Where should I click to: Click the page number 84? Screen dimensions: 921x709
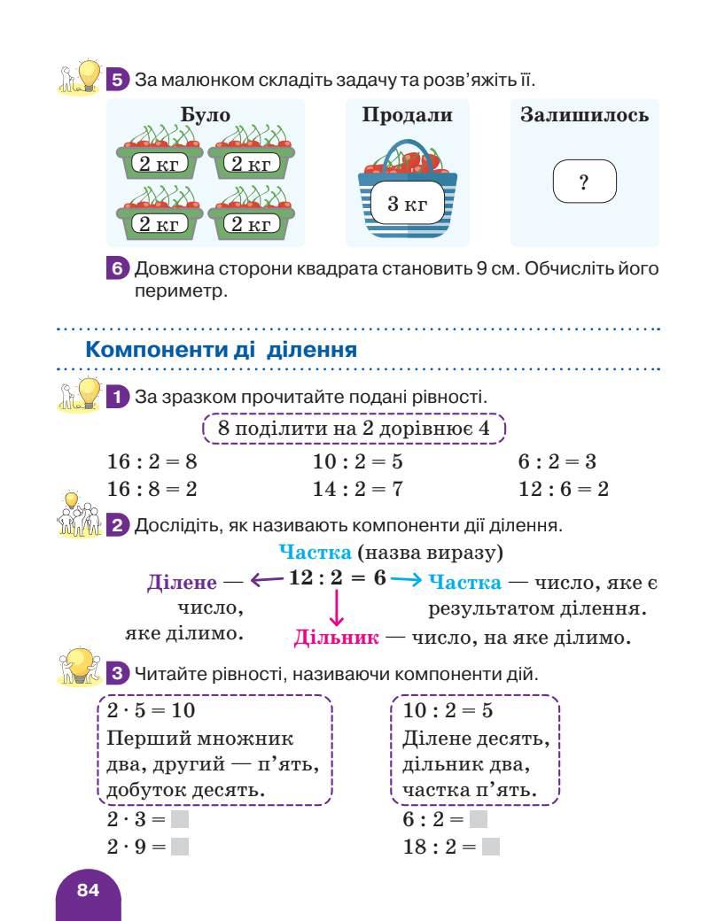click(88, 890)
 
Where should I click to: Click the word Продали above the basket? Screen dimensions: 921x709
click(408, 115)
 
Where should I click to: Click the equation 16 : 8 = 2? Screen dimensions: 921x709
click(152, 489)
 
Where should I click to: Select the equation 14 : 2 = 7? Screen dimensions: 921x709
click(358, 489)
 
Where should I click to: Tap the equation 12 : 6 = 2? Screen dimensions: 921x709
click(564, 489)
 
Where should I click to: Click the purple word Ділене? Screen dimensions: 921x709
click(182, 582)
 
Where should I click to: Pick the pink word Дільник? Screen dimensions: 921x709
click(337, 637)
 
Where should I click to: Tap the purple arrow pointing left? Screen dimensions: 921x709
click(267, 580)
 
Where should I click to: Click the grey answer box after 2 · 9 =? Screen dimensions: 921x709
click(180, 847)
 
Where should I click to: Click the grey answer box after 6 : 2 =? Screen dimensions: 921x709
click(479, 820)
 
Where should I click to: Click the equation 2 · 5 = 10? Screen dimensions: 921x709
click(151, 710)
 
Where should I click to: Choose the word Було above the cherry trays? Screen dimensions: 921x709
click(206, 115)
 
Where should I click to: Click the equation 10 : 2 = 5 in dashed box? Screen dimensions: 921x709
click(448, 710)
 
